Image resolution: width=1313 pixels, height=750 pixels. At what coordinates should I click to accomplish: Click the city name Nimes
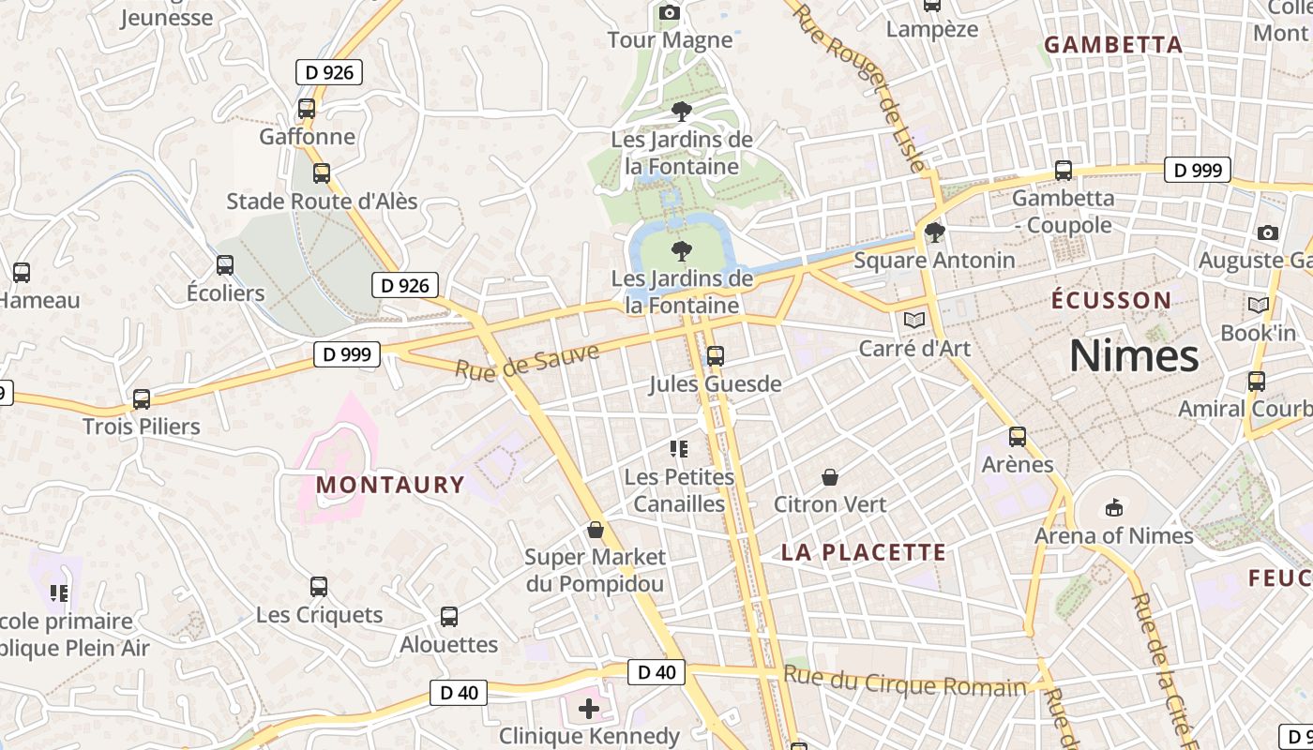click(1134, 356)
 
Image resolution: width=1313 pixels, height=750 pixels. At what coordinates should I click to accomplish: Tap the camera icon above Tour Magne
click(670, 12)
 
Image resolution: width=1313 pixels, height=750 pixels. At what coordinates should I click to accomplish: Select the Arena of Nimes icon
click(1113, 508)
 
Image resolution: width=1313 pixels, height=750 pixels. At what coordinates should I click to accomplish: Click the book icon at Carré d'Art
click(914, 320)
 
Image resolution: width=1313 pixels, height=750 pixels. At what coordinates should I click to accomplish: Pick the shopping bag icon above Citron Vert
click(830, 478)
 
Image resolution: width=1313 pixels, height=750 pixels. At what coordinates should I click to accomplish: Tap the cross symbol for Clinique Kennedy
click(589, 709)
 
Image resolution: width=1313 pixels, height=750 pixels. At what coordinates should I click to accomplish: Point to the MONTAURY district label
click(390, 485)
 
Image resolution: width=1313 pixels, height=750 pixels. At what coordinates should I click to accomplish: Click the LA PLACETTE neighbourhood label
click(864, 552)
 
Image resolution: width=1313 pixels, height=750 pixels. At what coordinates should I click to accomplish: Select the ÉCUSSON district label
click(1111, 301)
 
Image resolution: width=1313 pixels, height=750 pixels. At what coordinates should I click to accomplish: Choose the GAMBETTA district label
click(1113, 45)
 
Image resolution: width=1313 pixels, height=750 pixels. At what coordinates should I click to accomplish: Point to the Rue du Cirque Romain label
click(905, 682)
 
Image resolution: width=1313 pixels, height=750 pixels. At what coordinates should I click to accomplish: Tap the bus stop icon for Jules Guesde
click(716, 356)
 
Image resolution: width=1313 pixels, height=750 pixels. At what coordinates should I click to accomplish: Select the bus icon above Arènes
click(1018, 437)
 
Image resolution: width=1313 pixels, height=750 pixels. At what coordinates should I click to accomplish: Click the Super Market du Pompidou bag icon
click(595, 531)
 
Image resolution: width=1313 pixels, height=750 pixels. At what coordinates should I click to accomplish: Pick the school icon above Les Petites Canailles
click(679, 449)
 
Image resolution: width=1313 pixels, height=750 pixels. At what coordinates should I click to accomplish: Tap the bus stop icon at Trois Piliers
click(142, 399)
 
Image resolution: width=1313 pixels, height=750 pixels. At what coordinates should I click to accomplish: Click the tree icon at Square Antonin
click(934, 232)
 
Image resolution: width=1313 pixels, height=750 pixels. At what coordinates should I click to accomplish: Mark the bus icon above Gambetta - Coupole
click(1064, 171)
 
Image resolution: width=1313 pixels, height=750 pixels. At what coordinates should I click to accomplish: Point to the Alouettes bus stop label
click(449, 645)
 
